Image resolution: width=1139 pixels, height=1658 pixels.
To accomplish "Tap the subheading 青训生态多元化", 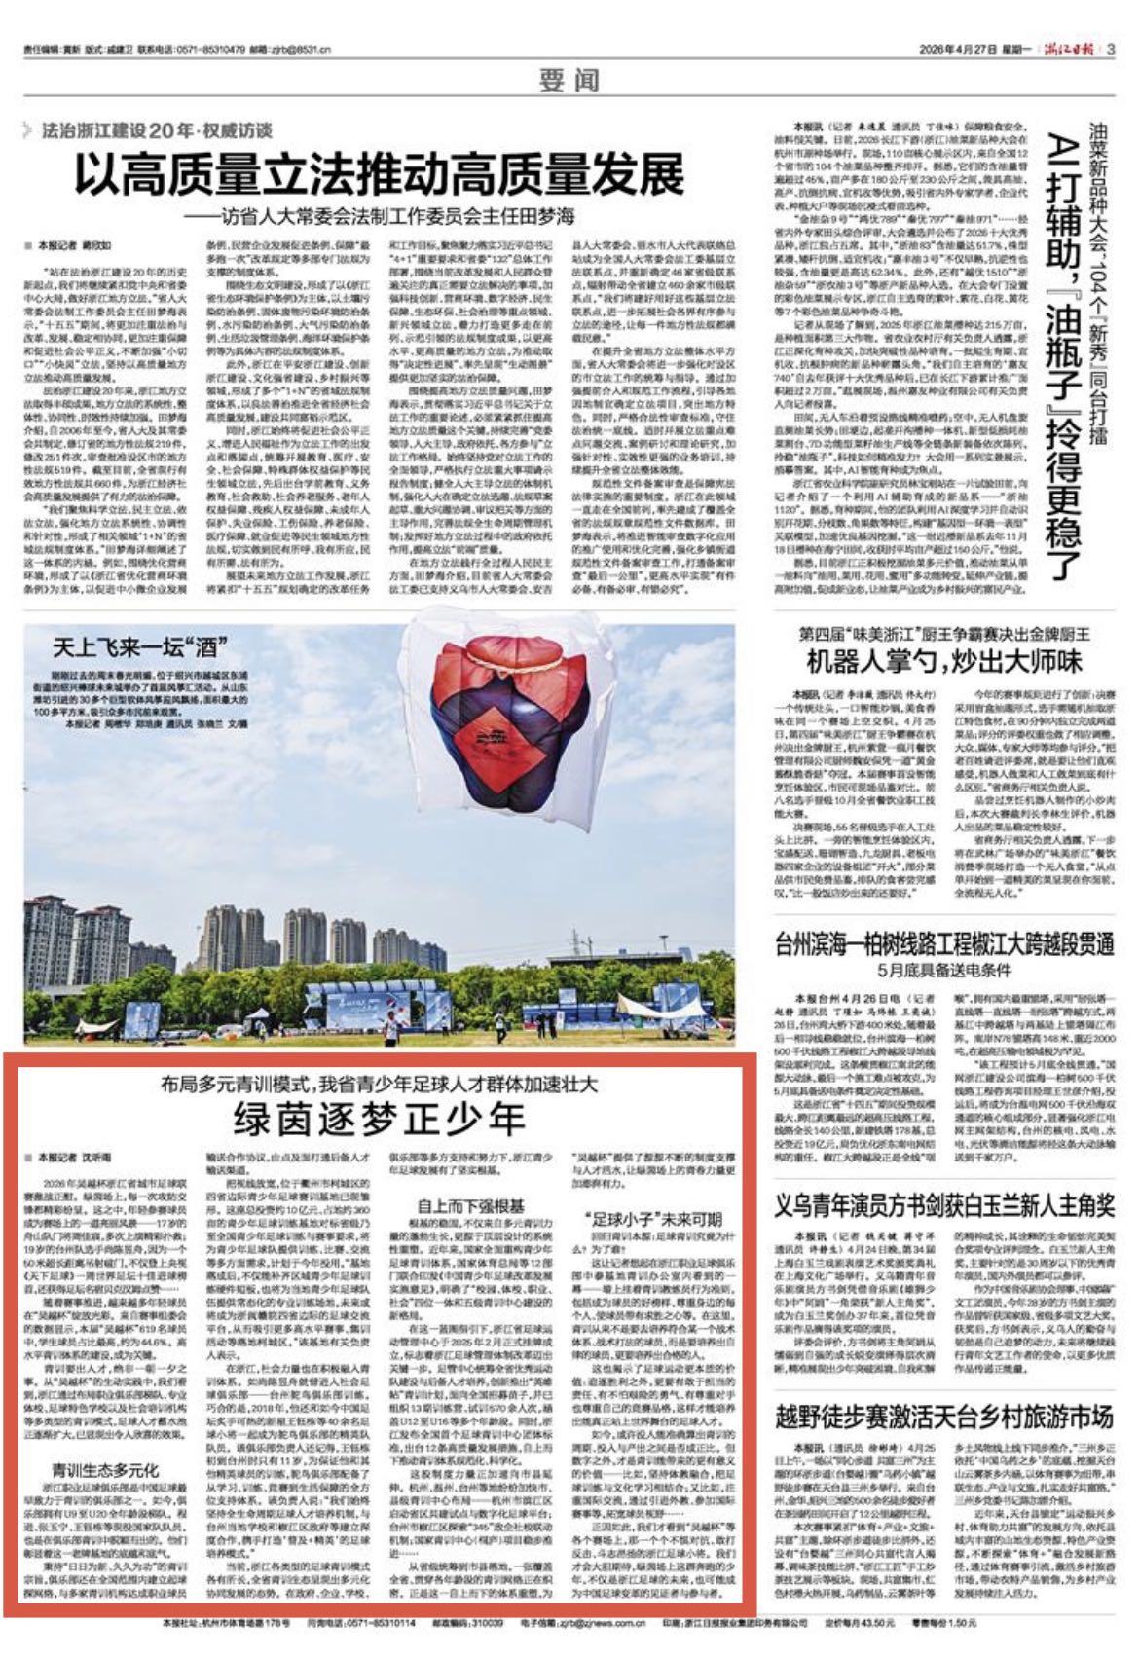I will tap(104, 1469).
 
